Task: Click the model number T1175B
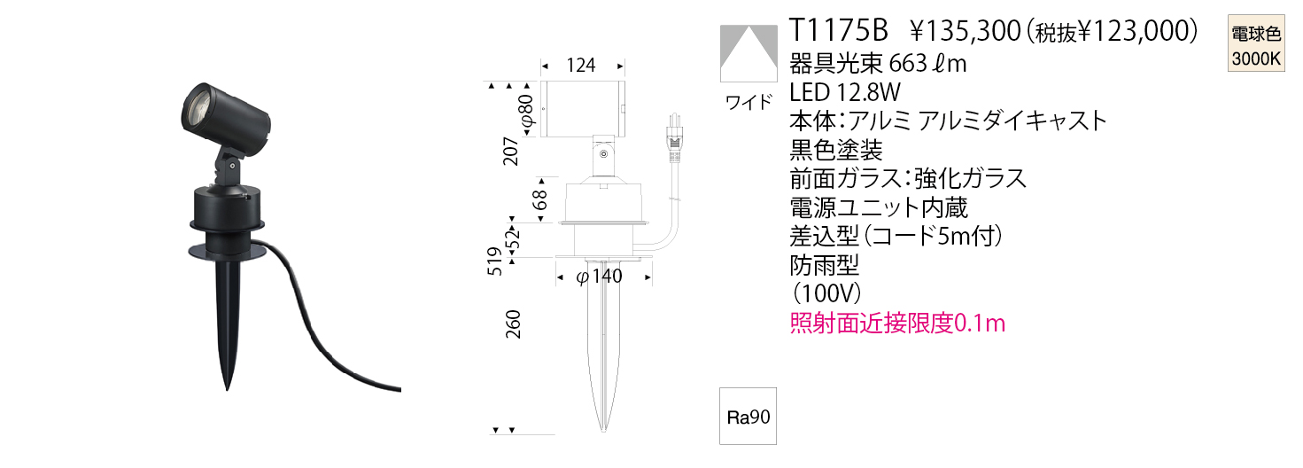point(838,30)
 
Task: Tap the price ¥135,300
point(966,31)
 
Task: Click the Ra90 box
point(748,417)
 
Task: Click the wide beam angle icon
point(748,53)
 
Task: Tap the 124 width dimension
point(581,66)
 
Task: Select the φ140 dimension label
point(599,276)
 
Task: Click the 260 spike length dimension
point(513,324)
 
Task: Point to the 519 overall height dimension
point(494,261)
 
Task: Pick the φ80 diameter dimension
point(526,111)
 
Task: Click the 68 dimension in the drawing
point(539,199)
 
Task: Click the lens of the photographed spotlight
point(197,106)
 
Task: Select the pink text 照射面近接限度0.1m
point(897,323)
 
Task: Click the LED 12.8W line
point(845,92)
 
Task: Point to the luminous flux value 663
point(907,64)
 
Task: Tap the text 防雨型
point(825,265)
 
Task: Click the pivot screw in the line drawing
point(604,154)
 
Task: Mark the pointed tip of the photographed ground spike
point(227,389)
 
